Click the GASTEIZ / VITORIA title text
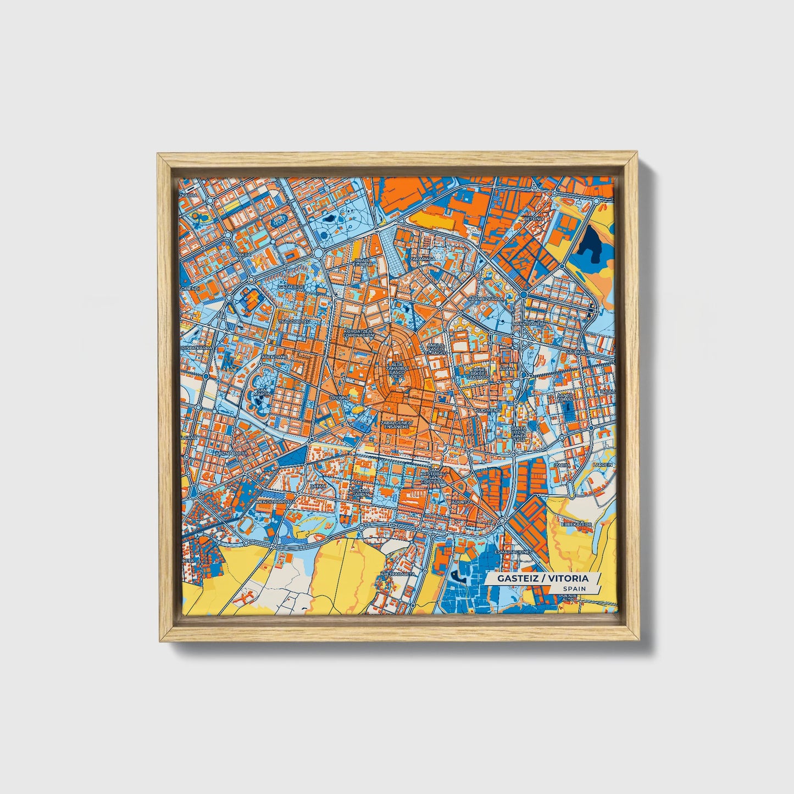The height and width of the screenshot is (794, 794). [x=542, y=578]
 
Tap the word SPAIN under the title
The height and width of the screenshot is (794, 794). [x=574, y=588]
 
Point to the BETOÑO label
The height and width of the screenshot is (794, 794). [x=532, y=219]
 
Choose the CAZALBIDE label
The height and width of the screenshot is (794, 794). [x=291, y=286]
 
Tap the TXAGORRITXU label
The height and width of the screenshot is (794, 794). [x=295, y=321]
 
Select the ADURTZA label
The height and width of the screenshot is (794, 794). [x=461, y=502]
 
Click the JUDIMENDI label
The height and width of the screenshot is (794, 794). [x=488, y=410]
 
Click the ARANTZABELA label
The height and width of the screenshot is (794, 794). [x=530, y=324]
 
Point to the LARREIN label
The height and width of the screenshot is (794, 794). [x=603, y=465]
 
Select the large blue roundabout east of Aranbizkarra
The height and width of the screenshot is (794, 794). [x=523, y=295]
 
